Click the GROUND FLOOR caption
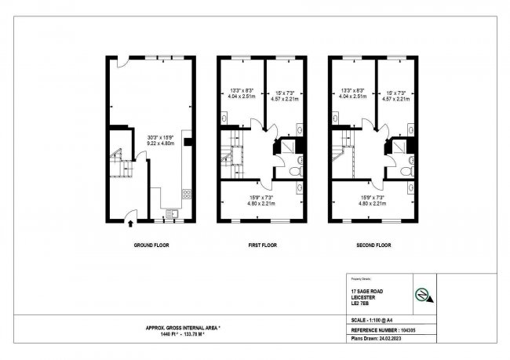point(151,245)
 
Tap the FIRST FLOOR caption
point(263,245)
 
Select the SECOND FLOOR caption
point(373,245)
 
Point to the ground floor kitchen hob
point(186,193)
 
